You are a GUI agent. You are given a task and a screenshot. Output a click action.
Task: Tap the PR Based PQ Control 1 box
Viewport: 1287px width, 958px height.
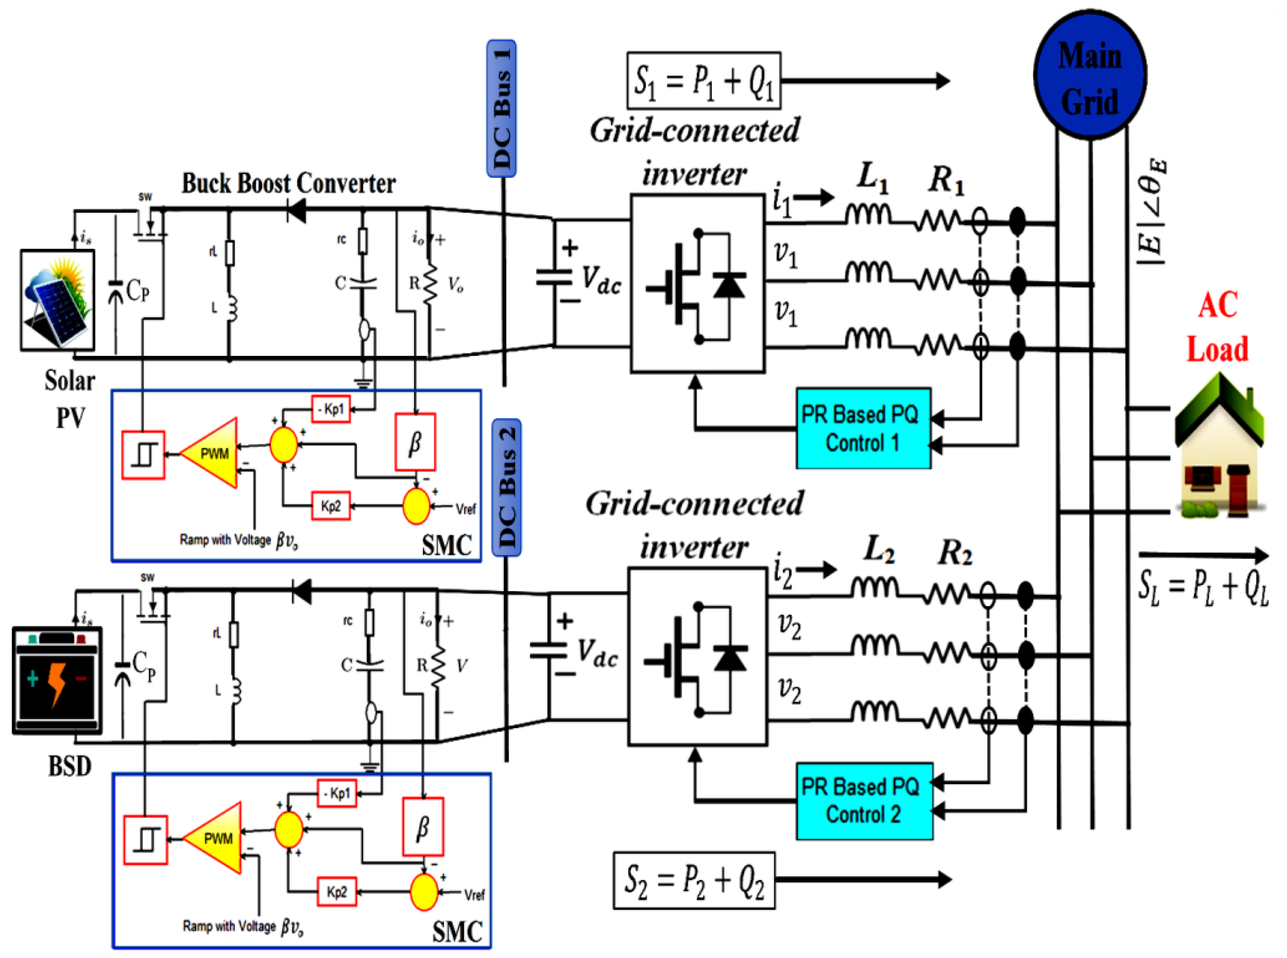pos(862,429)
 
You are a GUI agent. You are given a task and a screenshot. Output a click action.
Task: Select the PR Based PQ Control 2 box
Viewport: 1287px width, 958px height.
pos(864,801)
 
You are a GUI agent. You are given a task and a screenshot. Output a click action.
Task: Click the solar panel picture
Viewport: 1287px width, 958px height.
pos(57,300)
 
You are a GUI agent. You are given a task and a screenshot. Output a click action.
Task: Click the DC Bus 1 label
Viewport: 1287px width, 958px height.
pos(501,108)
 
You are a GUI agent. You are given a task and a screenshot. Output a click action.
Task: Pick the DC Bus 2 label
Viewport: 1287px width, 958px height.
pos(506,488)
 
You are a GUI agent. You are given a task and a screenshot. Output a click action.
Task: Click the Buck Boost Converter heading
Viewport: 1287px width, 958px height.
pos(288,184)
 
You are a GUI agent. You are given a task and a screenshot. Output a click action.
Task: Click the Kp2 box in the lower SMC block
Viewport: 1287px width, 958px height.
pos(337,891)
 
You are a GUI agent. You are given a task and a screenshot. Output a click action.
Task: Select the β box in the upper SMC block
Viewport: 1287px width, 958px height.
pos(415,442)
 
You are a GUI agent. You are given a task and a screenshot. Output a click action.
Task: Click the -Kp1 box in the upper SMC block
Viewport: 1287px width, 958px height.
pos(331,410)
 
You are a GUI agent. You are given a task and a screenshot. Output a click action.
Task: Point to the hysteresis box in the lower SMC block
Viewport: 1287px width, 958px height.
pos(146,839)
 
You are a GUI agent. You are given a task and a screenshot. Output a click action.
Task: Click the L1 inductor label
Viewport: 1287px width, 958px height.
pos(872,178)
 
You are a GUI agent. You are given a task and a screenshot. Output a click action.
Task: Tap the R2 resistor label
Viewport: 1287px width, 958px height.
pos(955,553)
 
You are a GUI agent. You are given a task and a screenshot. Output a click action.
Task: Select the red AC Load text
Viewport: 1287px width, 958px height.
pos(1217,328)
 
